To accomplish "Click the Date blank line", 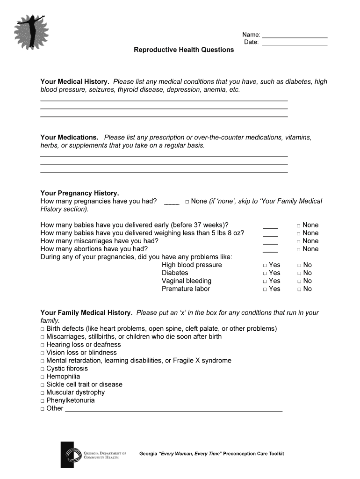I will click(295, 44).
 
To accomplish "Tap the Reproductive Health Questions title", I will click(184, 50).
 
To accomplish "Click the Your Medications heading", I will click(69, 137).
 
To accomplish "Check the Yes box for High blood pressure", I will click(265, 265).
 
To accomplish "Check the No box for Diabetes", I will click(299, 273).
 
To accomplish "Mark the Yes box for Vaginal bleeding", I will click(265, 281).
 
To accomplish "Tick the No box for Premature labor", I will click(299, 289).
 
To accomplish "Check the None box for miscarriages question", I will click(299, 241).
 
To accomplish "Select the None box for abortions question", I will click(299, 249).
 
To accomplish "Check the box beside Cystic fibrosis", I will click(43, 369).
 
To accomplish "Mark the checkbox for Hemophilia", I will click(43, 377).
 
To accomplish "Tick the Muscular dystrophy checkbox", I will click(43, 393).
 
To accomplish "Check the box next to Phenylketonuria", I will click(43, 401).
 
